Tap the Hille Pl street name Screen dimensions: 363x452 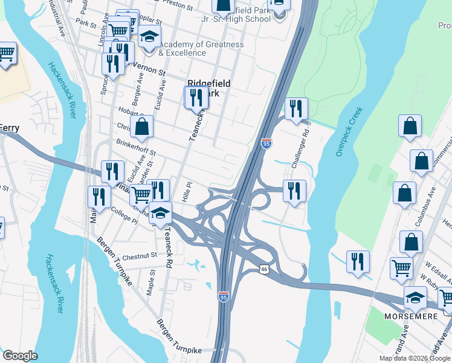click(187, 192)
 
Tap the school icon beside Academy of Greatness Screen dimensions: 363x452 click(149, 38)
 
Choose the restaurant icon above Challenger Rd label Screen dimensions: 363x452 click(295, 109)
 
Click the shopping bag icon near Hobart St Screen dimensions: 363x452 click(141, 127)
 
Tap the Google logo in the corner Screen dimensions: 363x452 click(19, 356)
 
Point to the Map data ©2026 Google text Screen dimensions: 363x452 click(415, 358)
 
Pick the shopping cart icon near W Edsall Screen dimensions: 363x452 click(402, 268)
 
